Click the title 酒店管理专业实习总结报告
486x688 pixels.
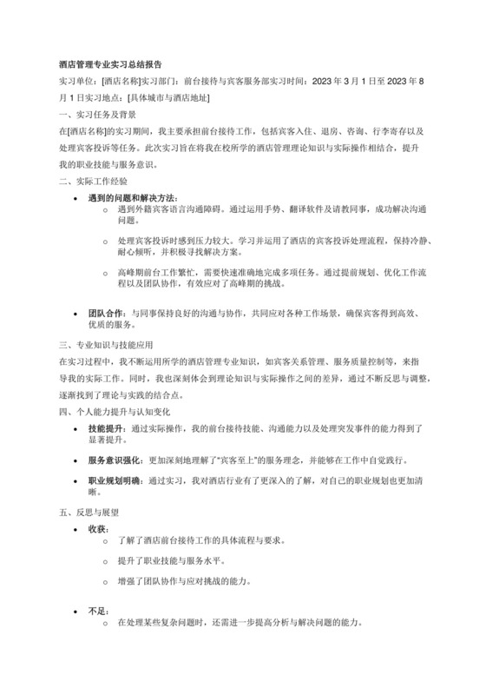pyautogui.click(x=109, y=64)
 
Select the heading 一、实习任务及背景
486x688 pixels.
pyautogui.click(x=96, y=114)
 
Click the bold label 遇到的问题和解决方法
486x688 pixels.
pyautogui.click(x=132, y=197)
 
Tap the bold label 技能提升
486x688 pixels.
pyautogui.click(x=107, y=429)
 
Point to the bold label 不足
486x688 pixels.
pyautogui.click(x=97, y=611)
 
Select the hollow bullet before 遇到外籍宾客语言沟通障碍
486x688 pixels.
pyautogui.click(x=106, y=210)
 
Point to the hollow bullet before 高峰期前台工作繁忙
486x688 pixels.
pyautogui.click(x=106, y=272)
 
